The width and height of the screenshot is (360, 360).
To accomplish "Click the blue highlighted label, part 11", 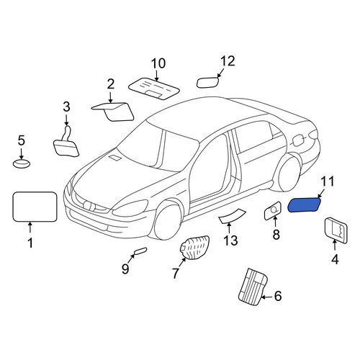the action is point(304,205).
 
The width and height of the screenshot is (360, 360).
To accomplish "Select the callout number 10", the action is point(158,63).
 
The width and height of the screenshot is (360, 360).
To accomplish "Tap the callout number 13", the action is point(230,240).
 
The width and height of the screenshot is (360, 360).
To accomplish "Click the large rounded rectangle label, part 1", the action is point(35,207).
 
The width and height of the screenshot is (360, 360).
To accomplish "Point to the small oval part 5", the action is point(22,163).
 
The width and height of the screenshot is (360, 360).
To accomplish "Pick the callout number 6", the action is point(278,296).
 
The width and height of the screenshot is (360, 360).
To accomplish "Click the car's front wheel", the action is point(168,220).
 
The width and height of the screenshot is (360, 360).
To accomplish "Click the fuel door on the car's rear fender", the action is point(297,140).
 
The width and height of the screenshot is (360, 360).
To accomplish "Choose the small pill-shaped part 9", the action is point(140,251).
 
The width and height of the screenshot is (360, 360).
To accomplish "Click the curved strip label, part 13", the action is point(232,216).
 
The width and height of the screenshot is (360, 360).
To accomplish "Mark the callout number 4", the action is point(335,259).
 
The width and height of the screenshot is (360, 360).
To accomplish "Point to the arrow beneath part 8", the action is point(275,222).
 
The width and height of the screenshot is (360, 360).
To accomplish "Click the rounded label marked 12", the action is point(207,82).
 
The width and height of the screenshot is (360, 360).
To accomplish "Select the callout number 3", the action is point(66,107).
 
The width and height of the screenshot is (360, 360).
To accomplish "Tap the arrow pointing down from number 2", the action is point(110,97).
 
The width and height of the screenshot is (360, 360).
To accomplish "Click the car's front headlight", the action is point(130,209).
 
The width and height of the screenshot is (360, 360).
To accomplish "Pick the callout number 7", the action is point(176,273).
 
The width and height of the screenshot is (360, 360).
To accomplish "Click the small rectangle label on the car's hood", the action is point(115,158).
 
